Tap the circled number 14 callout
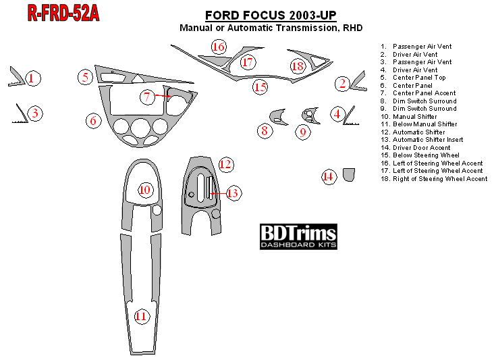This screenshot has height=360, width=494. [328, 177]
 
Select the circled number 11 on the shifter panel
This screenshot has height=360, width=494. [141, 316]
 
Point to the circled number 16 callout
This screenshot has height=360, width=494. [218, 47]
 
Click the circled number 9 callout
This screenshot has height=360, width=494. [304, 132]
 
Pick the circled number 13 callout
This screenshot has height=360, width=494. [233, 193]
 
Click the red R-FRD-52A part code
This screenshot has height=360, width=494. [64, 13]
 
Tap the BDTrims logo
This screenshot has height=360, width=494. [298, 236]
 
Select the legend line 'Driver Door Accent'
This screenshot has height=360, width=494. [421, 147]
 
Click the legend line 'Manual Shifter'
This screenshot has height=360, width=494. [414, 116]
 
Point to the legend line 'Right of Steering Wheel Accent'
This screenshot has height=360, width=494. [439, 178]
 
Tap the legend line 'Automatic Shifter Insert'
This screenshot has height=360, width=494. [428, 140]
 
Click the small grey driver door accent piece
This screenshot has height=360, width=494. [349, 175]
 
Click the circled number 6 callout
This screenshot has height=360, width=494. [94, 121]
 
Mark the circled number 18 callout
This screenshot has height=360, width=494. [298, 66]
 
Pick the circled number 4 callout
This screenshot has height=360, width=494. [337, 113]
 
